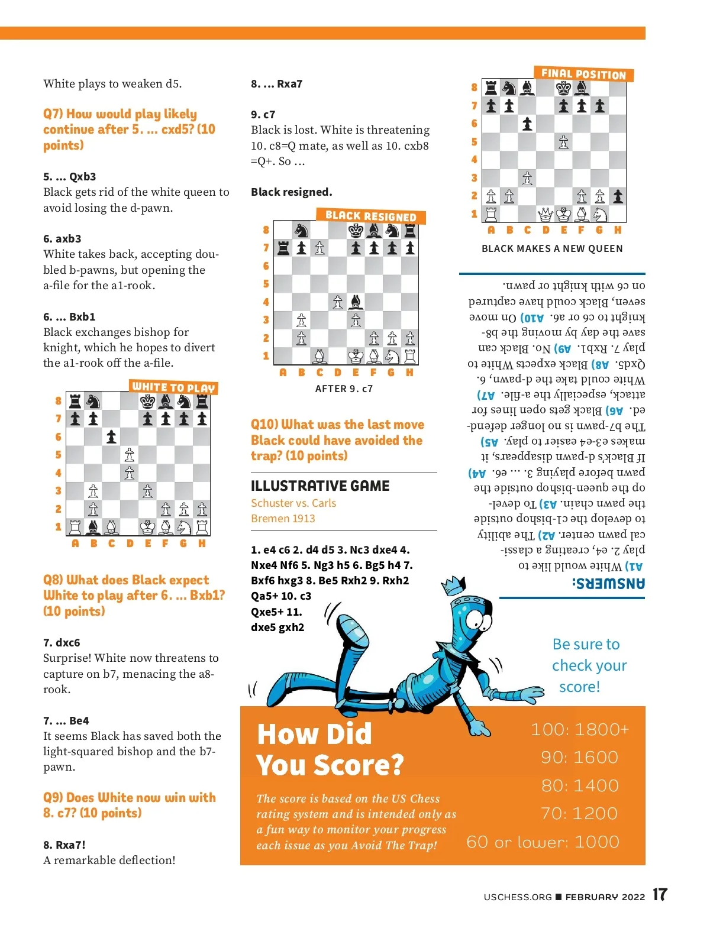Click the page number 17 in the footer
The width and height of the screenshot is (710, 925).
pyautogui.click(x=660, y=895)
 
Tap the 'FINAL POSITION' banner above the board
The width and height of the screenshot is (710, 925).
pyautogui.click(x=583, y=74)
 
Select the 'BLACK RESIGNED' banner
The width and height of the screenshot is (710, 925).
pyautogui.click(x=370, y=216)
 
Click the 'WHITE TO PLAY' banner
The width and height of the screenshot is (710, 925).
pyautogui.click(x=173, y=387)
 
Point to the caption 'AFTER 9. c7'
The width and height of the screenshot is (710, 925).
pyautogui.click(x=344, y=389)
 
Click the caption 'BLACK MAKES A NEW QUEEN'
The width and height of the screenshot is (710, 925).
pyautogui.click(x=552, y=248)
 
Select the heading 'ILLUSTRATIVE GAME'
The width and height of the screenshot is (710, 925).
pyautogui.click(x=320, y=486)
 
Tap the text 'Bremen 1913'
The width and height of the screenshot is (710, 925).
pyautogui.click(x=283, y=519)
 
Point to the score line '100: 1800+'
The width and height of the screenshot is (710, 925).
pyautogui.click(x=579, y=729)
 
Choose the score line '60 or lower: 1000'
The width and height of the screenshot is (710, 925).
pyautogui.click(x=543, y=842)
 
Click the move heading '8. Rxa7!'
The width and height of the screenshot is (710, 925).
pyautogui.click(x=64, y=845)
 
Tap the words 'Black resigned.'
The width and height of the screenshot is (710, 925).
pyautogui.click(x=291, y=192)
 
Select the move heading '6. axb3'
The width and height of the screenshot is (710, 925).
pyautogui.click(x=62, y=239)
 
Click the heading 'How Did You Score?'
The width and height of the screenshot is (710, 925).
pyautogui.click(x=329, y=749)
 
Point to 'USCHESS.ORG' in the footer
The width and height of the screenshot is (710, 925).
pyautogui.click(x=517, y=897)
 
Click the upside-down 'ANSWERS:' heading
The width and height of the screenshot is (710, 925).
pyautogui.click(x=608, y=584)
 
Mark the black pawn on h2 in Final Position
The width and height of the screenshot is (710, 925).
pyautogui.click(x=618, y=196)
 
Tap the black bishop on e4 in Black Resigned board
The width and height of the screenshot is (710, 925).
pyautogui.click(x=356, y=302)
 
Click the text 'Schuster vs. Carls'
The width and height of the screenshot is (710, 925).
pyautogui.click(x=293, y=503)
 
